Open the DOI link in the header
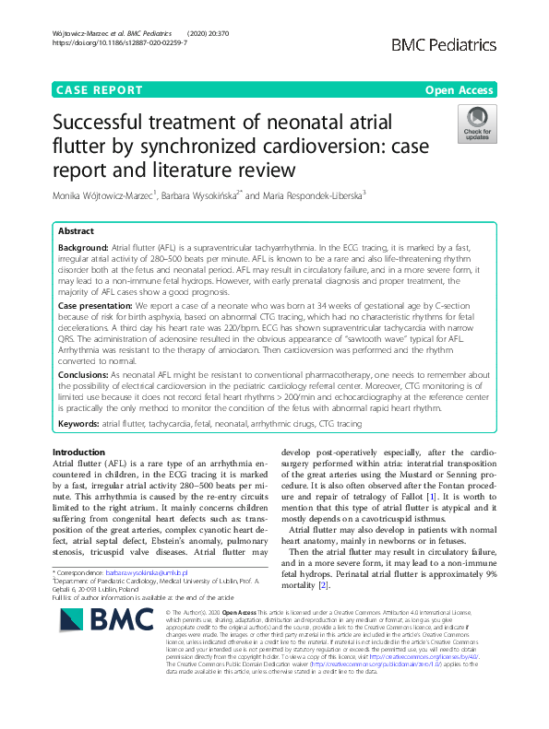click(115, 42)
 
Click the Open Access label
click(459, 90)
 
